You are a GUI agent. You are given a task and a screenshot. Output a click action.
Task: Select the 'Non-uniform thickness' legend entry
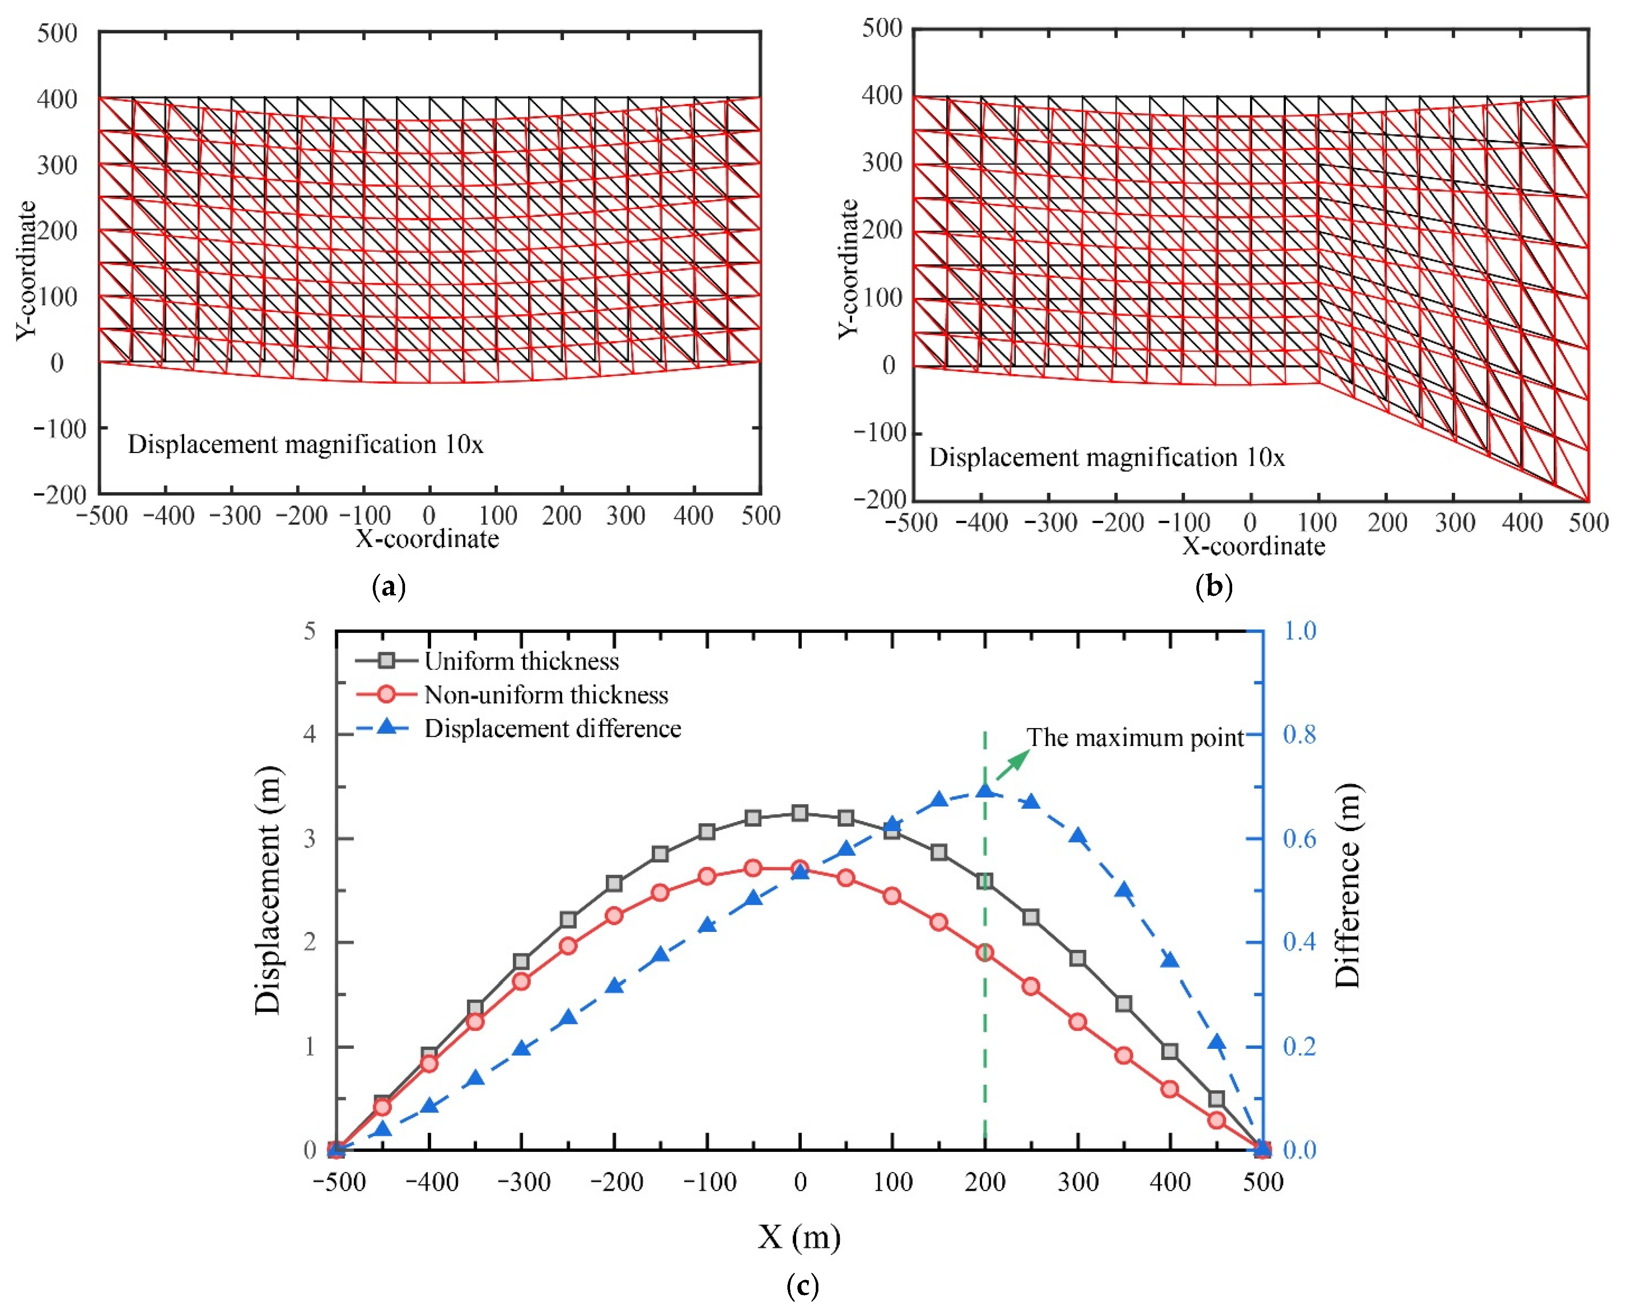tap(546, 695)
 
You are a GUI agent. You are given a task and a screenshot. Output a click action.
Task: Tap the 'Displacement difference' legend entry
tap(553, 728)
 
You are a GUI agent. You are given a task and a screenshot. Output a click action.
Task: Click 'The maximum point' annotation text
tap(1135, 738)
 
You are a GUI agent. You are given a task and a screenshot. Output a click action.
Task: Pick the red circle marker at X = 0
tap(800, 869)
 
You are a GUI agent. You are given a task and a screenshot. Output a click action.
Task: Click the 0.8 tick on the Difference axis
tap(1299, 735)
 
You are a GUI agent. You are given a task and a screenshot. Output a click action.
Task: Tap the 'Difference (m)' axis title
tap(1347, 886)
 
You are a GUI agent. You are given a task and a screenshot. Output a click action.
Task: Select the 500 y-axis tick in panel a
tap(58, 33)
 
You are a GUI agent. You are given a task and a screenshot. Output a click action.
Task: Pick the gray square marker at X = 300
tap(1077, 958)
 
